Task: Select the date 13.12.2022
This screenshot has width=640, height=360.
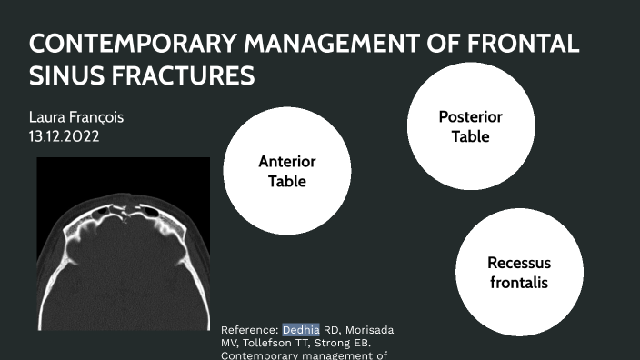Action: click(65, 136)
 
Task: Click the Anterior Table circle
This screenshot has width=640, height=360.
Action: click(286, 170)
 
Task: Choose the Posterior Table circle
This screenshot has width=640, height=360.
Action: click(470, 126)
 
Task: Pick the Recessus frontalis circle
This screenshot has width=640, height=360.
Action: click(518, 273)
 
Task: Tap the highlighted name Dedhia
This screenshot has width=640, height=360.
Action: click(301, 329)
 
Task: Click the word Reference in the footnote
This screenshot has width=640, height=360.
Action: click(249, 329)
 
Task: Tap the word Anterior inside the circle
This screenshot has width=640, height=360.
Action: click(286, 162)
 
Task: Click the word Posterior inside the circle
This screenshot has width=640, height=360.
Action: click(470, 117)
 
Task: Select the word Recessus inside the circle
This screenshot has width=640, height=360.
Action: click(518, 264)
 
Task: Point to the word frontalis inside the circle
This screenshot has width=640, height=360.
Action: click(518, 282)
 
